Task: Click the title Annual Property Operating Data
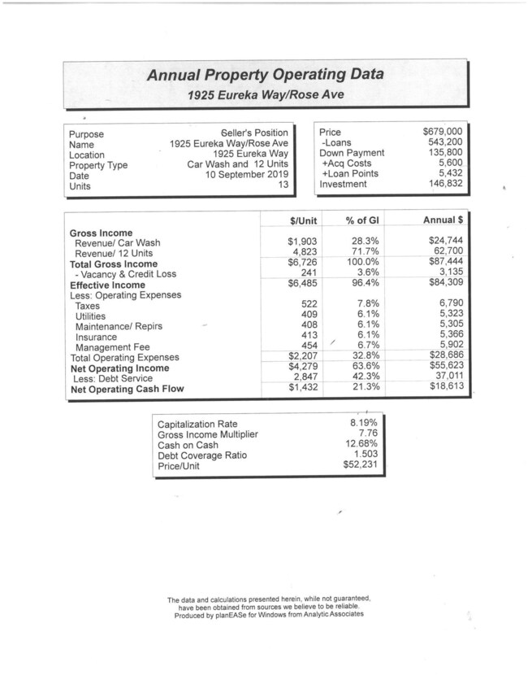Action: coord(265,76)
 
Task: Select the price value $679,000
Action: coord(443,132)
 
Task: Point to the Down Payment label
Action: coord(352,153)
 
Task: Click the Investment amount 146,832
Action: coord(445,185)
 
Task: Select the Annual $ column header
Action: coord(444,220)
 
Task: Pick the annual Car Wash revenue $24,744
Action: coord(444,242)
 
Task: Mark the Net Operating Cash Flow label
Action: coord(127,389)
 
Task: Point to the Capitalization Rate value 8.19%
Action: coord(363,424)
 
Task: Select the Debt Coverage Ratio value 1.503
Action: coord(366,455)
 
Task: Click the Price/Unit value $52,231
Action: coord(360,465)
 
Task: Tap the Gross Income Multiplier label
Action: coord(207,434)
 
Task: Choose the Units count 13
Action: coord(283,185)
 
